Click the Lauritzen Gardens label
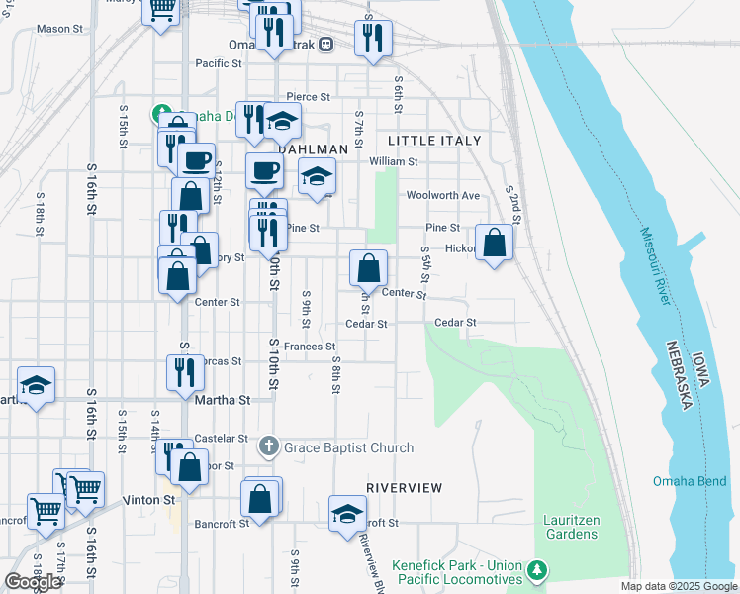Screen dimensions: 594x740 point(570,527)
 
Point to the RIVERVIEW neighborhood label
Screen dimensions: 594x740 point(403,488)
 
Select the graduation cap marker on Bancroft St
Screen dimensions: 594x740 point(347,513)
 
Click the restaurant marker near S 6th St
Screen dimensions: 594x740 point(373,38)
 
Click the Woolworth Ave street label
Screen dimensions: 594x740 point(442,195)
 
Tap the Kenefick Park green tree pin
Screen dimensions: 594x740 point(537,571)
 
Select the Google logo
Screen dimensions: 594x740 point(33,582)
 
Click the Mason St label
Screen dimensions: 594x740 point(59,29)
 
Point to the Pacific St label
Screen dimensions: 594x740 point(219,63)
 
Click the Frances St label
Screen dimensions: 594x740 point(310,346)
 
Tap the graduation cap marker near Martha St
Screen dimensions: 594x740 point(37,385)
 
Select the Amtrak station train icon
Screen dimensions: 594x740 point(337,45)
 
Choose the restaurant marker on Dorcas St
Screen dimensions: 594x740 point(185,372)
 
